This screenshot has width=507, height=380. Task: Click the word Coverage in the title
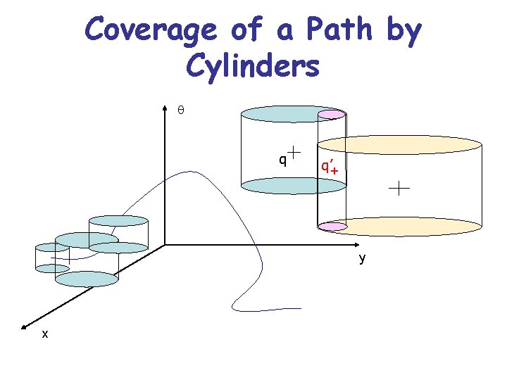(149, 30)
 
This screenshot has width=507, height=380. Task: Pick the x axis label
(45, 334)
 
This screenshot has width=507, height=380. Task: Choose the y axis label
(362, 258)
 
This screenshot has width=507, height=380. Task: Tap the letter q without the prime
(282, 159)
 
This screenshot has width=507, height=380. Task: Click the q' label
(326, 165)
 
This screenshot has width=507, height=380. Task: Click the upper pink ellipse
(332, 114)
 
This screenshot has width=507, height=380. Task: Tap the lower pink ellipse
(332, 227)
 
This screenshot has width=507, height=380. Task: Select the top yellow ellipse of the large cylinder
(399, 144)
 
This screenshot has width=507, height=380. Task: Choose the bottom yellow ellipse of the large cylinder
(399, 226)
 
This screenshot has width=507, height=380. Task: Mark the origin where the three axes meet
(165, 245)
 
